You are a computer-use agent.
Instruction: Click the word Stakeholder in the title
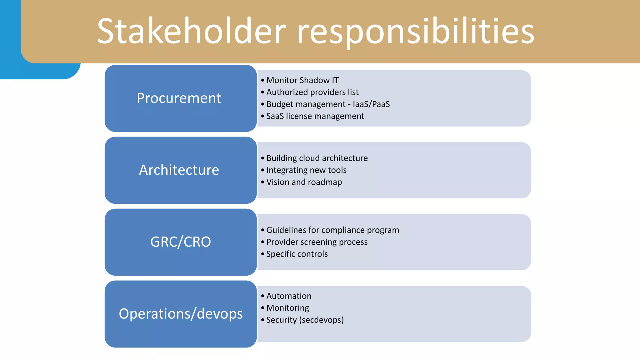pyautogui.click(x=191, y=31)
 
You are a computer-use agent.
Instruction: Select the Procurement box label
pyautogui.click(x=179, y=98)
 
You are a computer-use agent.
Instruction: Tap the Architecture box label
pyautogui.click(x=179, y=170)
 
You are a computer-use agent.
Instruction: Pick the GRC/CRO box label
pyautogui.click(x=181, y=242)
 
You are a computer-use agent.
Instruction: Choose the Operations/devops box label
pyautogui.click(x=181, y=314)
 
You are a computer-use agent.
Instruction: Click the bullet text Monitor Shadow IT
pyautogui.click(x=302, y=80)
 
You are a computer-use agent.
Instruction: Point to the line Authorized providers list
pyautogui.click(x=312, y=92)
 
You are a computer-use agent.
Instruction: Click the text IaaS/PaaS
pyautogui.click(x=371, y=104)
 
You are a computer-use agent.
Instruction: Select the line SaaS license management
pyautogui.click(x=315, y=116)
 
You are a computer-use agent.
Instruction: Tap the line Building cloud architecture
pyautogui.click(x=317, y=158)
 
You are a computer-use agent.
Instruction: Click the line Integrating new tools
pyautogui.click(x=306, y=170)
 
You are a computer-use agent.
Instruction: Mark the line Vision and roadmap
pyautogui.click(x=304, y=182)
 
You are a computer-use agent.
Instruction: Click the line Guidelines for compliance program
pyautogui.click(x=332, y=230)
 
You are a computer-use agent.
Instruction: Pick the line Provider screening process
pyautogui.click(x=317, y=242)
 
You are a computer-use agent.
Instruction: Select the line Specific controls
pyautogui.click(x=297, y=254)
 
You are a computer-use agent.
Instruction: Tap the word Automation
pyautogui.click(x=289, y=296)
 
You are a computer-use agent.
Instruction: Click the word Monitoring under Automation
pyautogui.click(x=287, y=308)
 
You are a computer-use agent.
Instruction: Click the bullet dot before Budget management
pyautogui.click(x=263, y=104)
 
